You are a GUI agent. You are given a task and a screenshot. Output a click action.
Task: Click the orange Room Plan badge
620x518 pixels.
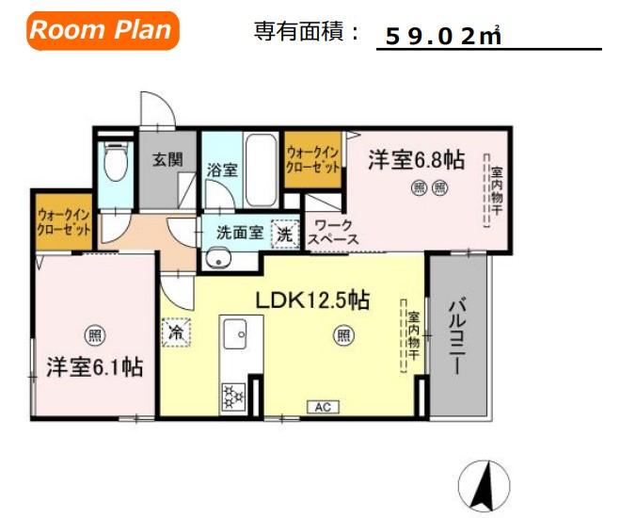[x=102, y=30]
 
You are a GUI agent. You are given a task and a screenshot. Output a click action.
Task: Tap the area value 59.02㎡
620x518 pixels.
[x=443, y=37]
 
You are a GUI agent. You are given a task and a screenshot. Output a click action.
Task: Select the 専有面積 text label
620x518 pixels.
[x=307, y=31]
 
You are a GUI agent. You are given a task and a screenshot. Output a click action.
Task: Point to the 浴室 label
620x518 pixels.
[x=221, y=170]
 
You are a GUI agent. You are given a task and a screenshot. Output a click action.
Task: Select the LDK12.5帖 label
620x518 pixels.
[x=312, y=300]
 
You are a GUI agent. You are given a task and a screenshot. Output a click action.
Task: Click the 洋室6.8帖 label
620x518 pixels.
[x=416, y=158]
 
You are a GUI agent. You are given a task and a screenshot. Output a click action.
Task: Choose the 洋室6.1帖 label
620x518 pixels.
[x=94, y=367]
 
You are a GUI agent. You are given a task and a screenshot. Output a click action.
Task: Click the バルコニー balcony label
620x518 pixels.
[x=458, y=336]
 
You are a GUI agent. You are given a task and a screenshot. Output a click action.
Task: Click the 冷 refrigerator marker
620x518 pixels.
[x=175, y=332]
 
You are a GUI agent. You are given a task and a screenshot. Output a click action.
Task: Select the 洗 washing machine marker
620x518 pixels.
[x=283, y=233]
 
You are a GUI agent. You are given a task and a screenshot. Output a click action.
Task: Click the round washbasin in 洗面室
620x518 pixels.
[x=219, y=258]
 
